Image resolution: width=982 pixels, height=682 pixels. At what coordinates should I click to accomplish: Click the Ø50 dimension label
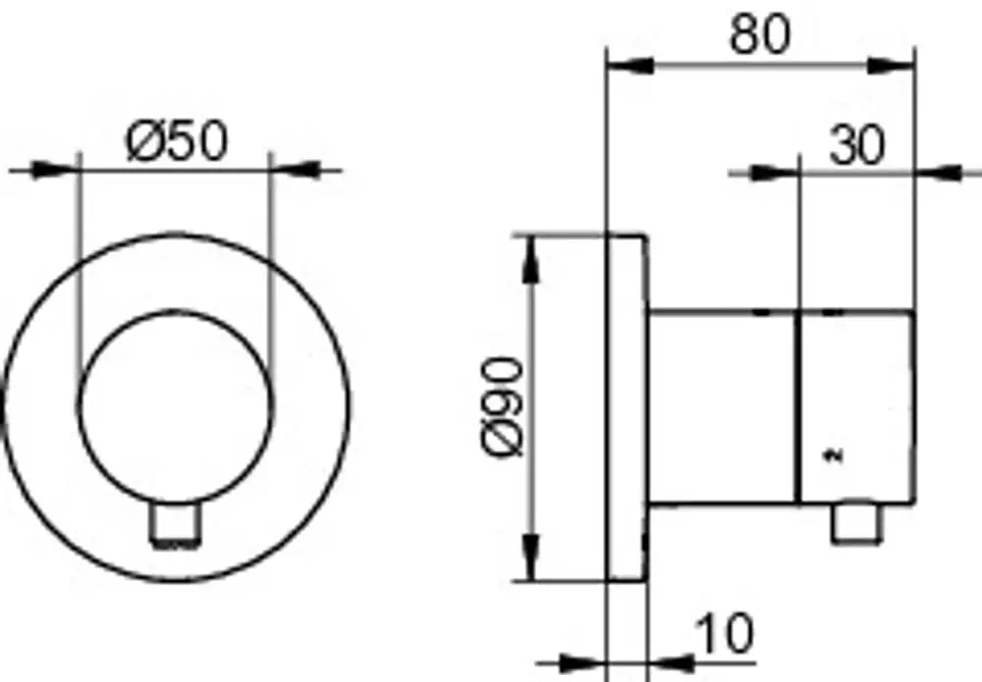click(177, 141)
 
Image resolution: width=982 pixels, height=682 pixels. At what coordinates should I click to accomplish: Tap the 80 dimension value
click(760, 35)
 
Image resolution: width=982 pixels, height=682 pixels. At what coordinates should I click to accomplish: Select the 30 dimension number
click(857, 146)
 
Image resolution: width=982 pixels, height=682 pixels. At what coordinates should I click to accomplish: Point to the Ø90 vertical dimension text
click(502, 407)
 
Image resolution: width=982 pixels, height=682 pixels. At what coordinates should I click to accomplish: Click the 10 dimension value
click(724, 634)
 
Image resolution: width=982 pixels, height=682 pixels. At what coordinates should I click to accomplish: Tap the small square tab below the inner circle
click(176, 522)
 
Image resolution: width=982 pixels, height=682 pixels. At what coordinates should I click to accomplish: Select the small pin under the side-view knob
click(856, 522)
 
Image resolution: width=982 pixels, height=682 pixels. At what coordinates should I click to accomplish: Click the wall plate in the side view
click(627, 408)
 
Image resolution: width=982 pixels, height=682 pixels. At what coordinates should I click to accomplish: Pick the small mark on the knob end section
click(834, 455)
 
